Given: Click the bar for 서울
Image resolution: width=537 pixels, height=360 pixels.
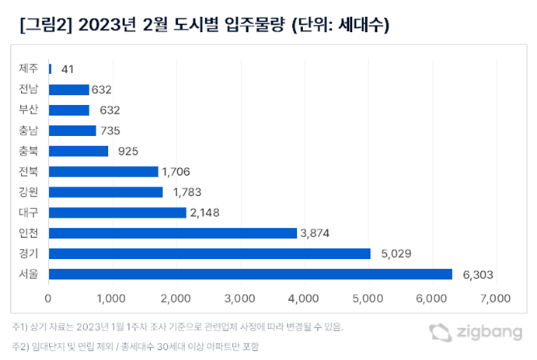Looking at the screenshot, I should coord(250,274).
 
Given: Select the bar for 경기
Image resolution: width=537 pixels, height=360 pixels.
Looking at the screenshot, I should coord(209,253).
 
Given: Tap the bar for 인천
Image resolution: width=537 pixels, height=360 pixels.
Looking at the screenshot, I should coord(173,232).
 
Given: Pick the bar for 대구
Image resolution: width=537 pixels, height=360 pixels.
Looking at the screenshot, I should coord(117,212).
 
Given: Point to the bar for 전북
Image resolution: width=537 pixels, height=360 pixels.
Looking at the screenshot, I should coord(103,171).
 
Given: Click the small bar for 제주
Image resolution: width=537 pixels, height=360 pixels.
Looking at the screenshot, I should coord(51,68).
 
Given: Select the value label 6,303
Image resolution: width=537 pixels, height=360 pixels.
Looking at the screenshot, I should coord(476,274).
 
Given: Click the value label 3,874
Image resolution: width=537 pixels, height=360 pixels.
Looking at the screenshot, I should coord(321,232).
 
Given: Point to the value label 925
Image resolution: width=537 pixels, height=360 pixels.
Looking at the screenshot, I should coord(127,151).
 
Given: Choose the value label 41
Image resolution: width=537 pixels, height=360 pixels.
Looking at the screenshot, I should coord(67,68).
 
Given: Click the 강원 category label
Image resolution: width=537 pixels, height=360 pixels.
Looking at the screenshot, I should coord(29,191).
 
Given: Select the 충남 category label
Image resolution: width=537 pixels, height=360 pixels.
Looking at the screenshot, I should coord(29,130).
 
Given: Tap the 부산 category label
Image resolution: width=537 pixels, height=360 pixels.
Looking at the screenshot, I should coord(29,110).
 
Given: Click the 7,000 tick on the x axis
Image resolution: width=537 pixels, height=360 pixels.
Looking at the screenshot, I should coord(494,297).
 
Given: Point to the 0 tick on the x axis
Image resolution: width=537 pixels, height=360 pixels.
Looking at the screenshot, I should coord(49,297).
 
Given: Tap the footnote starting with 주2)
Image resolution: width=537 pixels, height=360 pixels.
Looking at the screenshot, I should coord(137,345).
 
